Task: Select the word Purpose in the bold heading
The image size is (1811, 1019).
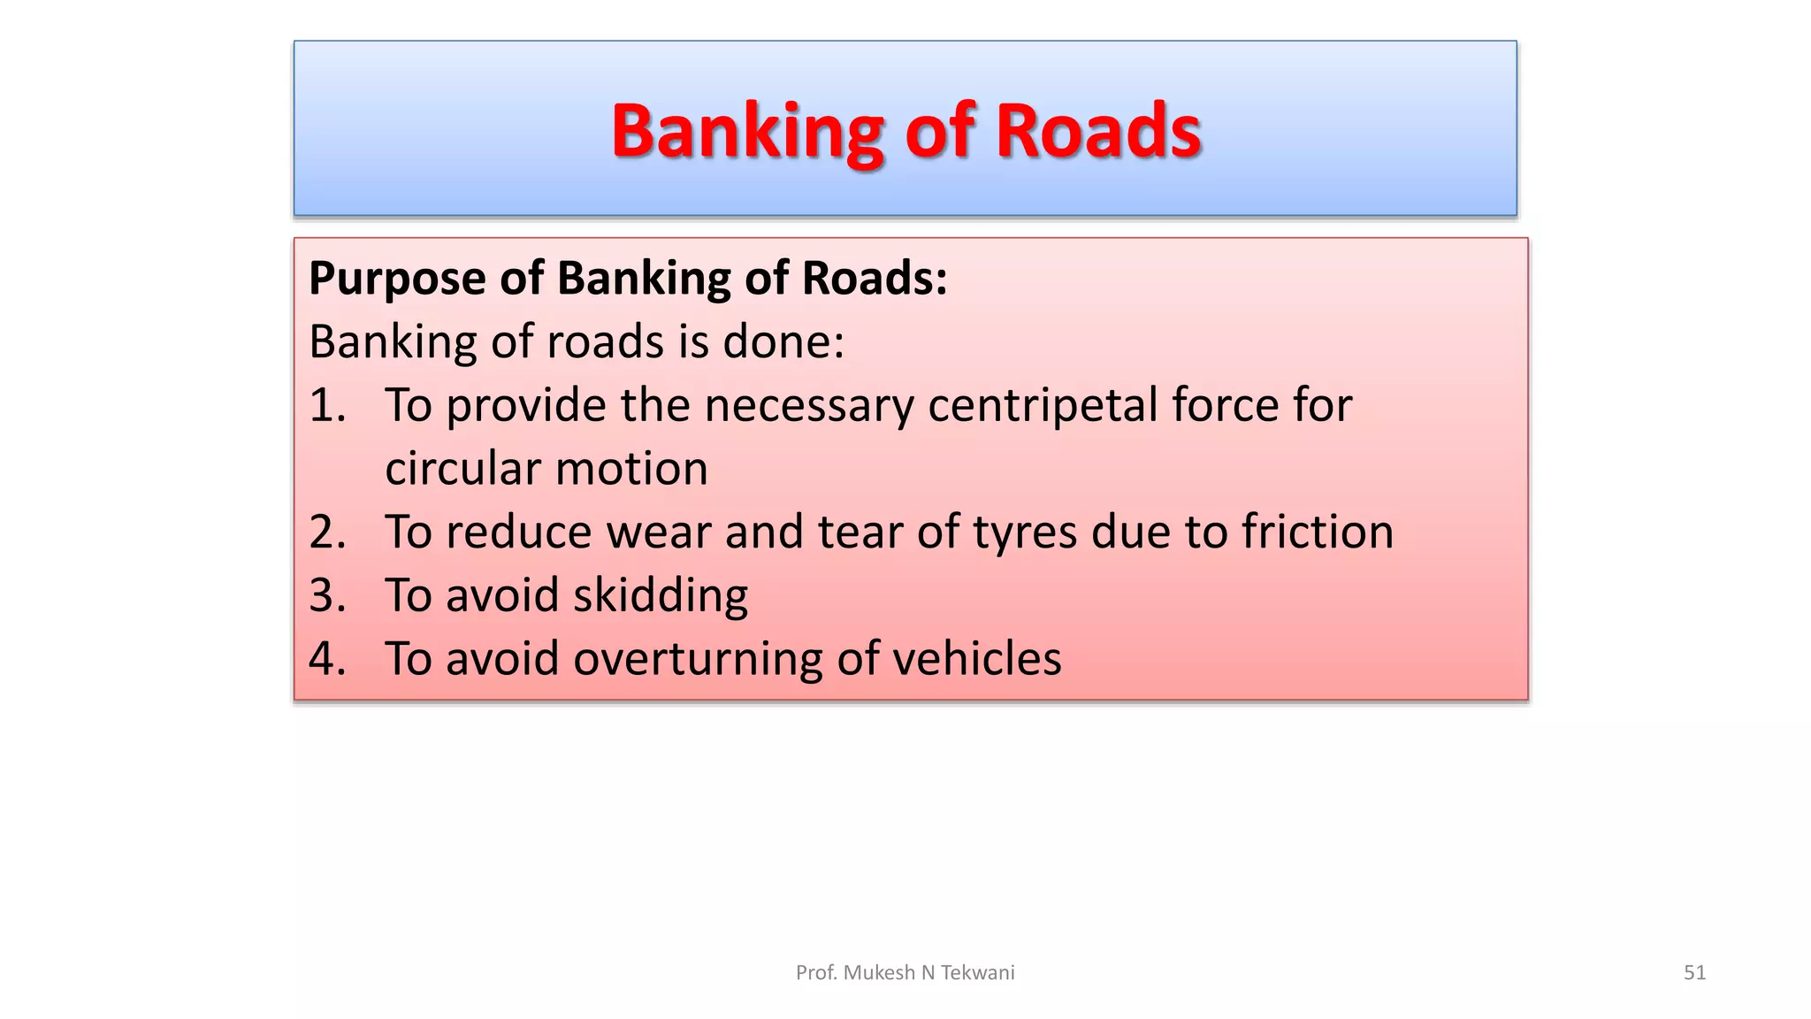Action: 397,279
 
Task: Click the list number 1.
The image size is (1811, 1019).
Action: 325,405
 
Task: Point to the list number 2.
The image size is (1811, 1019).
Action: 325,532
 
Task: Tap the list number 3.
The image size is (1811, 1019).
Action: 325,595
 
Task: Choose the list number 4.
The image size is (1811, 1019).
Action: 325,659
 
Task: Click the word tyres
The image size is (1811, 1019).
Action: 1025,533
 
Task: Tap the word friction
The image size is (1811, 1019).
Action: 1317,532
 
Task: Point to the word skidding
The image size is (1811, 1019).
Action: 660,595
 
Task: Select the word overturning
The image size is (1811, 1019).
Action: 699,659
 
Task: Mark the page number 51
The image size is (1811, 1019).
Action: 1694,973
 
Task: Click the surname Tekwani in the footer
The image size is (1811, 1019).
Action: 977,973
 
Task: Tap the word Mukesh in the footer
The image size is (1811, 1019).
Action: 880,973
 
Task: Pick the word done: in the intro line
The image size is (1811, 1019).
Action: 783,341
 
